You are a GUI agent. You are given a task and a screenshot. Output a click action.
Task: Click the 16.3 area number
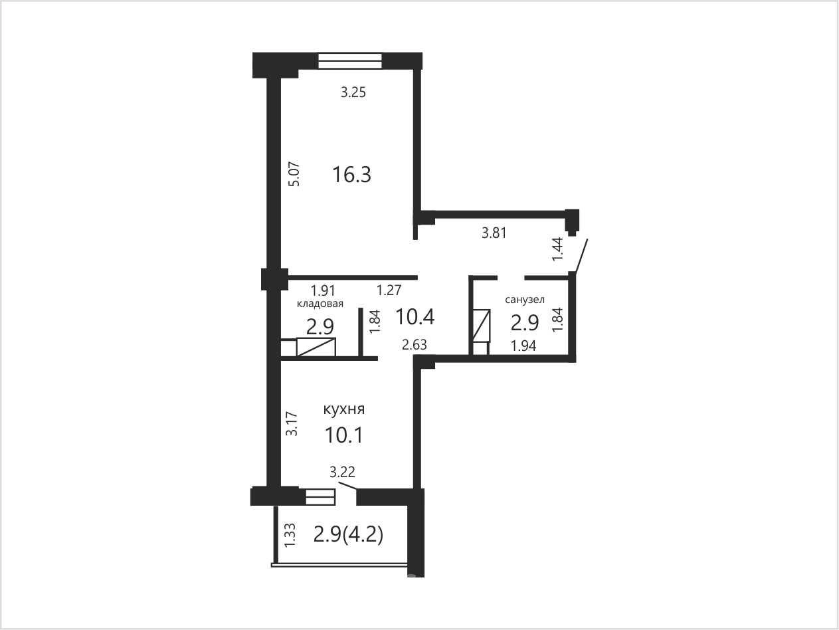(351, 175)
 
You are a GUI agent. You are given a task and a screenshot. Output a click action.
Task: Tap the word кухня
(344, 410)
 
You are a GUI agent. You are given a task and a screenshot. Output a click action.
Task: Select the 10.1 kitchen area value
(343, 435)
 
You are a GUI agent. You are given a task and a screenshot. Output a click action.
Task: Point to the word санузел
(525, 300)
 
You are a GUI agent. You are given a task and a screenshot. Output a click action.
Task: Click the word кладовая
(320, 304)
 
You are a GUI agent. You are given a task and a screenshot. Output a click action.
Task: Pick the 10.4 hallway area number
(415, 317)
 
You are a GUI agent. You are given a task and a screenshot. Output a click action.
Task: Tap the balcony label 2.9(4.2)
(348, 534)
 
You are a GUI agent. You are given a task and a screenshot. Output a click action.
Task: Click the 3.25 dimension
(353, 92)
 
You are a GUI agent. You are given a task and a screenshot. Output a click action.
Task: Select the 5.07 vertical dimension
(294, 174)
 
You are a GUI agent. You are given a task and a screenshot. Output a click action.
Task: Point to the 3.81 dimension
(494, 233)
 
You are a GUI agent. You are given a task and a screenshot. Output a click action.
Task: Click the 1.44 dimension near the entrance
(558, 249)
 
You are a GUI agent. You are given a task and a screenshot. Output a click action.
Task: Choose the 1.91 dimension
(323, 290)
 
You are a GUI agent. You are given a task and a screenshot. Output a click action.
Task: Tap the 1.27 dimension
(389, 290)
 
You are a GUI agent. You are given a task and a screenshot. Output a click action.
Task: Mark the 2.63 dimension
(415, 345)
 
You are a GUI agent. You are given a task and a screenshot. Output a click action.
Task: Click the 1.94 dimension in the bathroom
(523, 346)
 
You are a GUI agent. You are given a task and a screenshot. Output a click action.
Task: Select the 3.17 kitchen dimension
(292, 423)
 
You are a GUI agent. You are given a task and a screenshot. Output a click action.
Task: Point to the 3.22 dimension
(343, 472)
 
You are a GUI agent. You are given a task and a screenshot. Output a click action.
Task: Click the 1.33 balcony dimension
(290, 535)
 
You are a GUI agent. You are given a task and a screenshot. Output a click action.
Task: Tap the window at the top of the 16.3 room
(350, 60)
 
